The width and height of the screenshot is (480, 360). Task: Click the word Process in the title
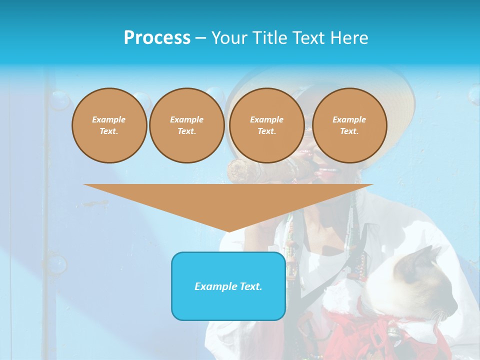(x=157, y=37)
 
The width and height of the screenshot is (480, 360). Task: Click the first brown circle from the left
(x=109, y=125)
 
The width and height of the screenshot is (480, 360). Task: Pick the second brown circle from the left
(x=186, y=125)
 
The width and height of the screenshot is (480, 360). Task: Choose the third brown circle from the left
(x=266, y=125)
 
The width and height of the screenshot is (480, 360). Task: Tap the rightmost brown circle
(x=349, y=125)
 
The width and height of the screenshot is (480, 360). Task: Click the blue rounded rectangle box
(x=228, y=286)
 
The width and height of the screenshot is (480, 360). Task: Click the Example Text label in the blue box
(x=228, y=286)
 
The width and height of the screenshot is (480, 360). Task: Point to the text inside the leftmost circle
(x=109, y=125)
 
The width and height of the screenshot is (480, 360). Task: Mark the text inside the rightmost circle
(x=349, y=125)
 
